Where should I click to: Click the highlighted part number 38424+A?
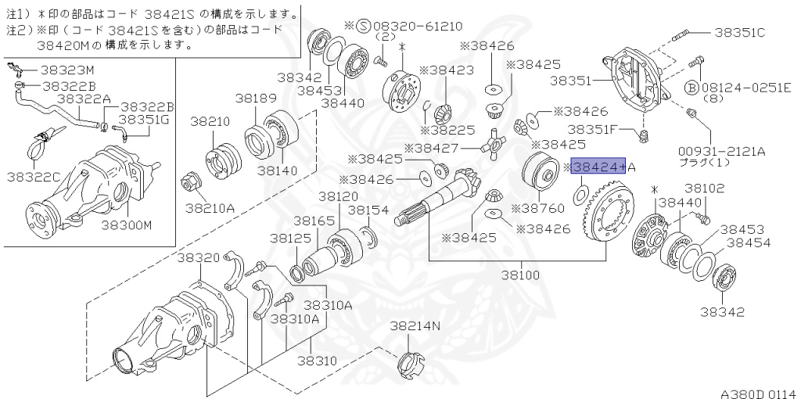[x=599, y=167]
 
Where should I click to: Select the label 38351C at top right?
[x=738, y=32]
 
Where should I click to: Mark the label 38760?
[x=537, y=209]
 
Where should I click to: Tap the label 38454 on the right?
[x=749, y=243]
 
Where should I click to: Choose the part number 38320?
[x=198, y=257]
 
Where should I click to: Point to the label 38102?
[x=705, y=189]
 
